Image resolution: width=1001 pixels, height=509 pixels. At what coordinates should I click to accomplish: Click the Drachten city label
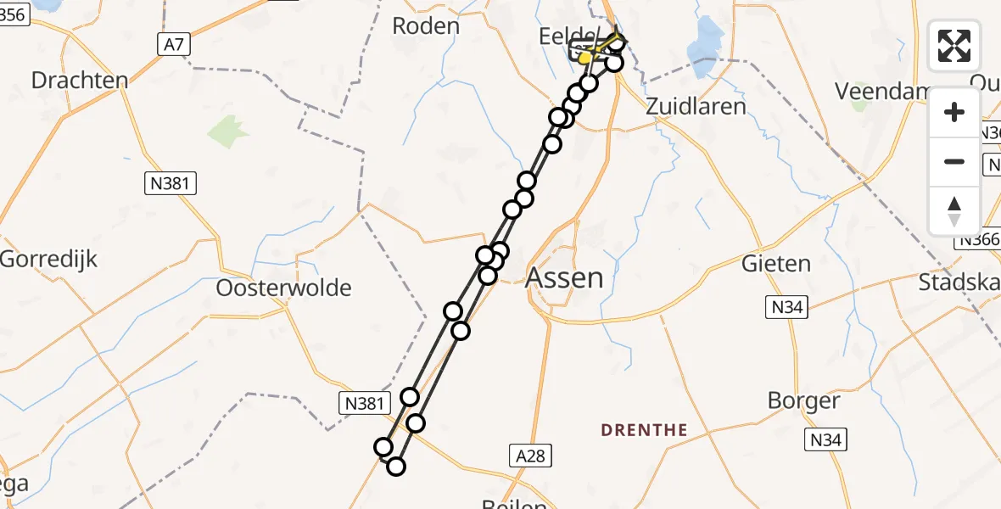pos(80,81)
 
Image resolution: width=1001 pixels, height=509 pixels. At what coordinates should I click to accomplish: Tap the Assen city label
pos(565,277)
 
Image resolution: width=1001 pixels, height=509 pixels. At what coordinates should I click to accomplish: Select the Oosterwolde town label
pos(283,288)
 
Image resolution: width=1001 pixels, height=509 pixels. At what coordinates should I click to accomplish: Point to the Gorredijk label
pos(49,259)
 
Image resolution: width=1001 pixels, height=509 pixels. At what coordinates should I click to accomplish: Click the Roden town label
pos(426,26)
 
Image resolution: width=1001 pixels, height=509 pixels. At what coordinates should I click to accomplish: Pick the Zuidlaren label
pos(696,106)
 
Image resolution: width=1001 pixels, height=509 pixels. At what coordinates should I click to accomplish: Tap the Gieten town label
pos(776,264)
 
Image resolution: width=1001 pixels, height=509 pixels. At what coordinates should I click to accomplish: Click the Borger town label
pos(803,400)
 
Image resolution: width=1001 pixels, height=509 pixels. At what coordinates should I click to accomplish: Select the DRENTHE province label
pos(644,430)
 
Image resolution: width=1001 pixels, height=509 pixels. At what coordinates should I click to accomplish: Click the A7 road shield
pos(171,46)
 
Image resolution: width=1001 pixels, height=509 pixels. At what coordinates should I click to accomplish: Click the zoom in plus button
pos(954,112)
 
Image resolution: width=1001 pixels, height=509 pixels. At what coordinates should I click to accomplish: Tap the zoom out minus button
pos(954,161)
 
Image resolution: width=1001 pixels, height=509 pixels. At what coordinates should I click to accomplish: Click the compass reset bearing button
pos(954,210)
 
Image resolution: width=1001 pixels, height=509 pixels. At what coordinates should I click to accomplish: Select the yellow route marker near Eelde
pos(584,57)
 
